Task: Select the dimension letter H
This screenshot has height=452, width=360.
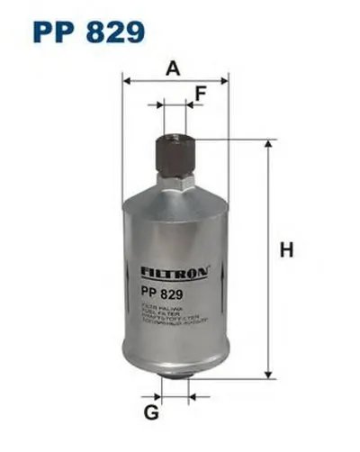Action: tap(287, 249)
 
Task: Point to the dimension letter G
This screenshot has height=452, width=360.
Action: tap(151, 412)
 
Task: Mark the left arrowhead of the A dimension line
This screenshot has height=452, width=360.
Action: tap(127, 80)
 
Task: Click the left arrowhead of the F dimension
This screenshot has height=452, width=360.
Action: tap(163, 106)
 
